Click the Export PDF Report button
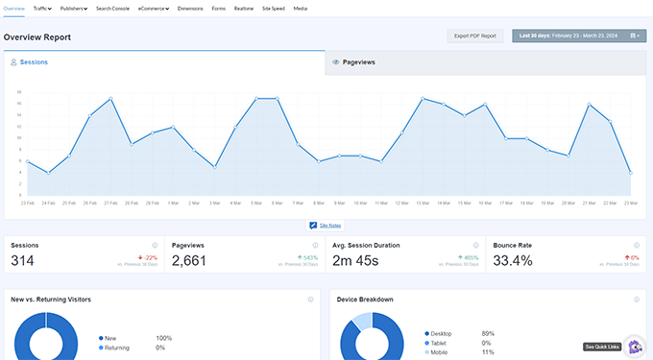point(475,36)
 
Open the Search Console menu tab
point(112,8)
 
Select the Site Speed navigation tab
point(273,8)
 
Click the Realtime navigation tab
point(244,8)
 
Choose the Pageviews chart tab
point(358,61)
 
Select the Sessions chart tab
point(34,61)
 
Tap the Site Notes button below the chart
point(326,225)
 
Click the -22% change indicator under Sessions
point(149,257)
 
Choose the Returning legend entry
point(117,347)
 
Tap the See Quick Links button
point(602,347)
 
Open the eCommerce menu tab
point(153,8)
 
